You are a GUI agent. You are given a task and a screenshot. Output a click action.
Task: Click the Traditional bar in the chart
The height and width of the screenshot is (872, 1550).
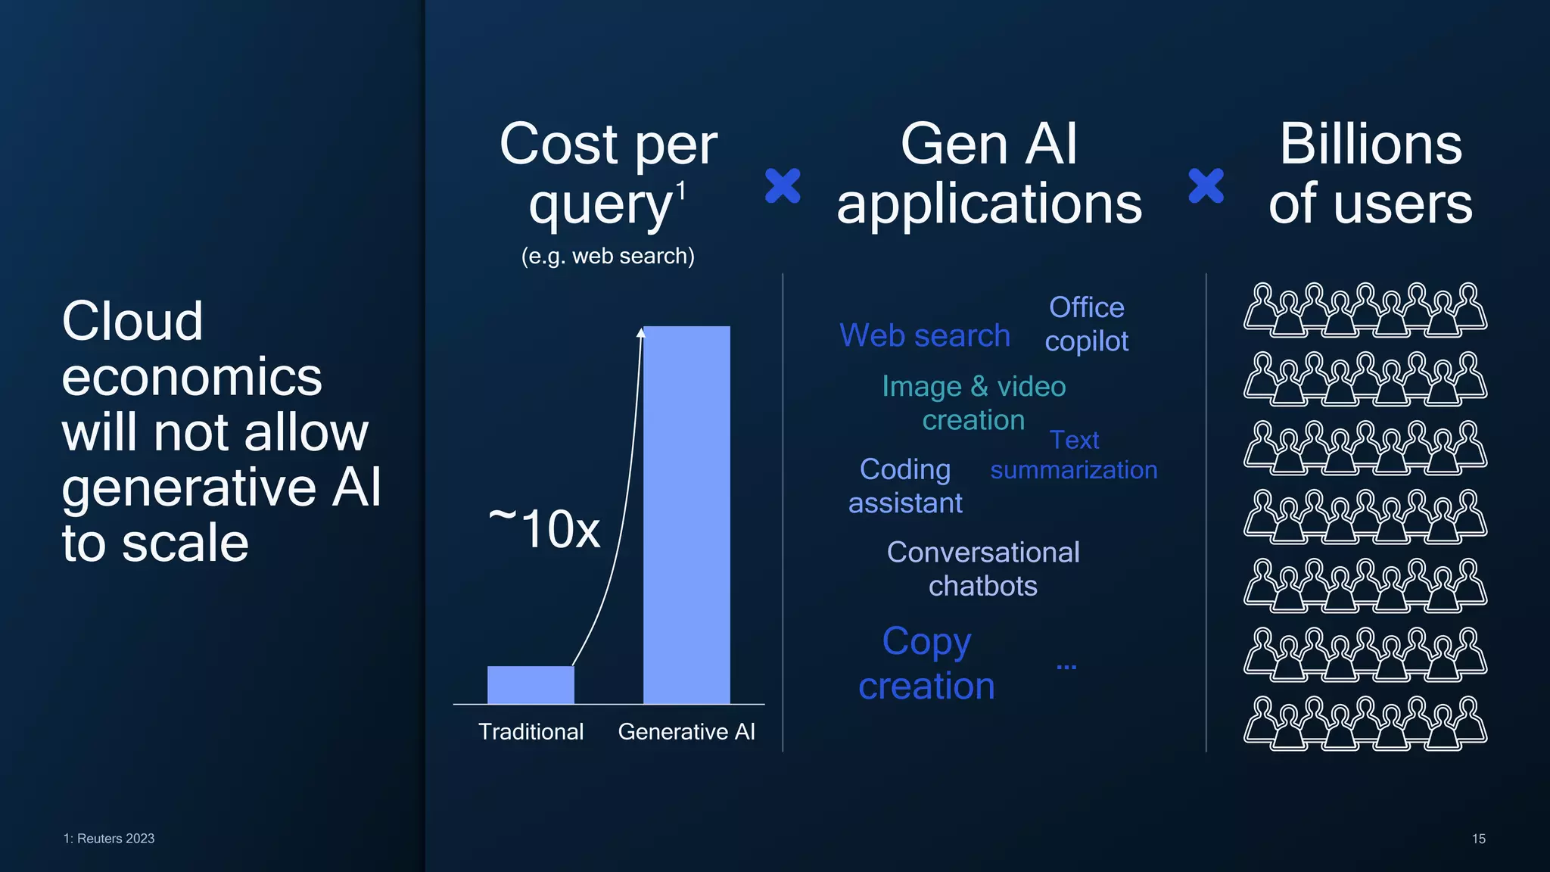click(x=531, y=684)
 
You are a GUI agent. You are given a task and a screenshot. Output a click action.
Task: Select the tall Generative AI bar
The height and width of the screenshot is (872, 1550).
click(x=686, y=515)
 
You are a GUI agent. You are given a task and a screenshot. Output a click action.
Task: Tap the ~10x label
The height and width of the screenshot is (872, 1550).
click(x=544, y=528)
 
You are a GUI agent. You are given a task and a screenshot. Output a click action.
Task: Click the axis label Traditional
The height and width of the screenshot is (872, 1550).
click(x=531, y=731)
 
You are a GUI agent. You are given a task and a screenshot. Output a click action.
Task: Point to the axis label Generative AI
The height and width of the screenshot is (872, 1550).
click(x=686, y=731)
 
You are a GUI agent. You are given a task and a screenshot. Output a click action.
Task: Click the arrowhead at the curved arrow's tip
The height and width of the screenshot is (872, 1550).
click(x=640, y=332)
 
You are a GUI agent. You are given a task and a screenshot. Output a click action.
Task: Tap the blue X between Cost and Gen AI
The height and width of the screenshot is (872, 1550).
click(x=783, y=186)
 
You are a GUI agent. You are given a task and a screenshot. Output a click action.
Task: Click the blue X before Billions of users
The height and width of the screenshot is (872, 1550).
click(x=1206, y=186)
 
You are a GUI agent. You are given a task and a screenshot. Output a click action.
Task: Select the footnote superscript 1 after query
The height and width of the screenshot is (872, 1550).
click(x=681, y=191)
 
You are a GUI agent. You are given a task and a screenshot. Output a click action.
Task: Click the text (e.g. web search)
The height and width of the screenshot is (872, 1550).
click(x=608, y=256)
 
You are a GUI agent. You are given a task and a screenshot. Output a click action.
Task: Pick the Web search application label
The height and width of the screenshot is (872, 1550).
click(x=925, y=335)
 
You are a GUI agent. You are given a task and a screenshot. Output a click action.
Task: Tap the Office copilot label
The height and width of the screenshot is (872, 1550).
click(x=1087, y=324)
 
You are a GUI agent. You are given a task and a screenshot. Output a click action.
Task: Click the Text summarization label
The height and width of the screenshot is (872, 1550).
click(x=1074, y=456)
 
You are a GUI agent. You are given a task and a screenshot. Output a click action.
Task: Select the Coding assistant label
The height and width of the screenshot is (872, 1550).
click(x=905, y=486)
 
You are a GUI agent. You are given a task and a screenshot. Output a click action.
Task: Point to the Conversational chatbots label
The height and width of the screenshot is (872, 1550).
click(x=983, y=568)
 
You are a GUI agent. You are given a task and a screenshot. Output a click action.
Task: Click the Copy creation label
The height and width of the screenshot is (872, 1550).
click(x=926, y=663)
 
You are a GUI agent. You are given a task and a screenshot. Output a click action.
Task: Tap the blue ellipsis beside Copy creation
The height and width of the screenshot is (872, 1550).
click(x=1066, y=667)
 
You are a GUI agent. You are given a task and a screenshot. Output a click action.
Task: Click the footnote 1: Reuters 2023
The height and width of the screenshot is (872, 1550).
click(x=109, y=839)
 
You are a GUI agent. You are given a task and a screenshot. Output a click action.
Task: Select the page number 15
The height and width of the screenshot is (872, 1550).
click(x=1478, y=839)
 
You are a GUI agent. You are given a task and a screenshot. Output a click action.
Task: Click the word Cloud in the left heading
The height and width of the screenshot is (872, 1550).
click(x=132, y=321)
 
